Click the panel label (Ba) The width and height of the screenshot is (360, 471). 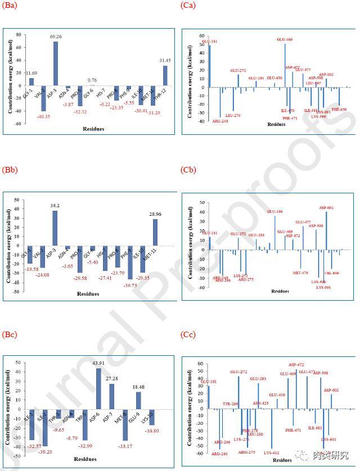[x=11, y=6]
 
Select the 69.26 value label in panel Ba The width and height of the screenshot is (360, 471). [x=56, y=37]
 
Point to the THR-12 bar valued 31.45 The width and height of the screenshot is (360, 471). [x=165, y=76]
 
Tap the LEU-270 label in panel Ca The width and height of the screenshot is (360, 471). [x=232, y=115]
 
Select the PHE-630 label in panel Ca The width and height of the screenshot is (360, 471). [x=339, y=109]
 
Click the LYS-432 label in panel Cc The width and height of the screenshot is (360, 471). [x=272, y=451]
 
